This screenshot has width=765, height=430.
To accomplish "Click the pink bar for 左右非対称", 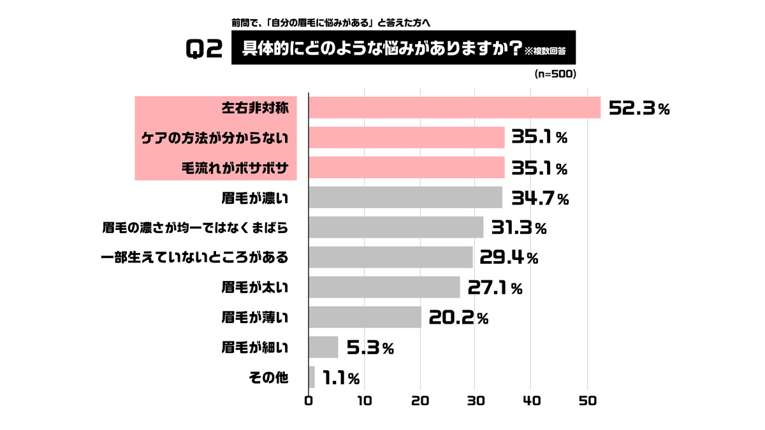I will point(455,108).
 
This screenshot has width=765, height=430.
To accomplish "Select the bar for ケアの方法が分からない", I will point(406,138).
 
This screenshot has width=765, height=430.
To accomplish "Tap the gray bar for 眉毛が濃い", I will point(405,197).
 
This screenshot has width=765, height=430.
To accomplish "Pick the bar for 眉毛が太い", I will point(384,287).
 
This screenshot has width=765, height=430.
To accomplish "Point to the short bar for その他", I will point(312,377).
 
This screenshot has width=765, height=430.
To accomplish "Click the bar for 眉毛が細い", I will point(323,347).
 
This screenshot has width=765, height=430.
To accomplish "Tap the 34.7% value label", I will point(536,198).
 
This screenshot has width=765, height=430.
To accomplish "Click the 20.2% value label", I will point(458,317).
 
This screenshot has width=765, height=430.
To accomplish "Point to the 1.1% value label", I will point(341,378).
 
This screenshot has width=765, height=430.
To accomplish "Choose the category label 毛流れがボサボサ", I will point(236,168).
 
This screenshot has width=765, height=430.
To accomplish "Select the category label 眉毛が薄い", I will point(255,317).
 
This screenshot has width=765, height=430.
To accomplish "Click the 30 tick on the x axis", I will point(475,401).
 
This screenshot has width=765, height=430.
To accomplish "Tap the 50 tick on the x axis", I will point(586,401).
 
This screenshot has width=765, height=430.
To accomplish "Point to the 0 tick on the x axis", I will point(309,401).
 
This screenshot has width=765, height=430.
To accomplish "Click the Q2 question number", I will point(203,49).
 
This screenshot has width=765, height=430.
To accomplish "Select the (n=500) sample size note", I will point(555,75).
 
